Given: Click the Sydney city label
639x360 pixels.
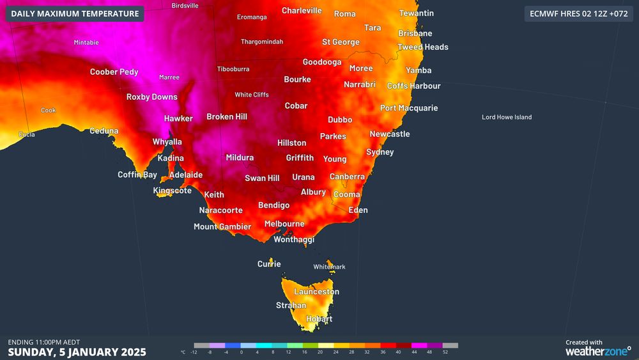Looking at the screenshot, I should pyautogui.click(x=380, y=152).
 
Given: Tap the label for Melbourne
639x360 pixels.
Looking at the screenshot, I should pyautogui.click(x=284, y=224).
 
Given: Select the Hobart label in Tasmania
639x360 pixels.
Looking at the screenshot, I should pyautogui.click(x=319, y=319).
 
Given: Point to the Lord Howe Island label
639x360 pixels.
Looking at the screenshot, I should pyautogui.click(x=506, y=117).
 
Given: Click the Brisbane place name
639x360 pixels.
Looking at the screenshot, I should pyautogui.click(x=415, y=33).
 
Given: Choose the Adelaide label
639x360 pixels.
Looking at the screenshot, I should pyautogui.click(x=185, y=175).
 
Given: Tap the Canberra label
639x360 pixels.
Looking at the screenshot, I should pyautogui.click(x=347, y=176).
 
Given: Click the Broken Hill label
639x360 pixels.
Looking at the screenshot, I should pyautogui.click(x=226, y=117).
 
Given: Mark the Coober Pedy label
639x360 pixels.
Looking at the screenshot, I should pyautogui.click(x=114, y=72).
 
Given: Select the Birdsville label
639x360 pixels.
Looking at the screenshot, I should pyautogui.click(x=185, y=6).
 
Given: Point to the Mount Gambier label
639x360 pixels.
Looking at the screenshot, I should pyautogui.click(x=222, y=227).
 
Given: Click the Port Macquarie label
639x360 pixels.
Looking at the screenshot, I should pyautogui.click(x=409, y=108).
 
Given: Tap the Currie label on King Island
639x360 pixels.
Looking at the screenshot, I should pyautogui.click(x=268, y=264).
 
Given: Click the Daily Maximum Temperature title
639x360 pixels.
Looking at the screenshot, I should pyautogui.click(x=75, y=13).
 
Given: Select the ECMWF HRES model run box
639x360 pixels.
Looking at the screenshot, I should pyautogui.click(x=578, y=13).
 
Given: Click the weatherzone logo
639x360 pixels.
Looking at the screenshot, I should pyautogui.click(x=597, y=352).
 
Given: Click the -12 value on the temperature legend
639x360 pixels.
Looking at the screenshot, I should pyautogui.click(x=194, y=352).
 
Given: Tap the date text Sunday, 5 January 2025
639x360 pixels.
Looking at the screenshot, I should pyautogui.click(x=77, y=352).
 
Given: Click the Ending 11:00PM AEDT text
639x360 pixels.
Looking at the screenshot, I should pyautogui.click(x=43, y=341).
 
